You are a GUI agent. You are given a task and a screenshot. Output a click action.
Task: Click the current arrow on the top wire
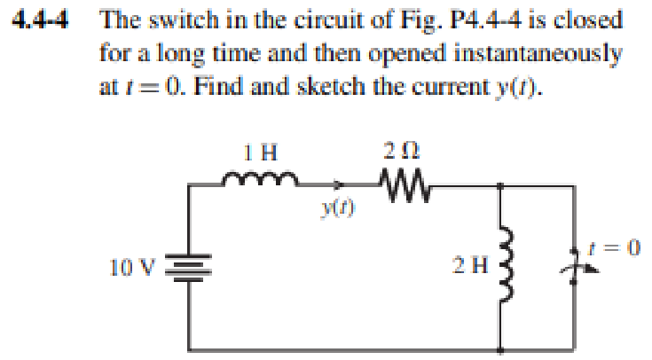click(341, 185)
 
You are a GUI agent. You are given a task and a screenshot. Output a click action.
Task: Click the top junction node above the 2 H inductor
click(502, 185)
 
